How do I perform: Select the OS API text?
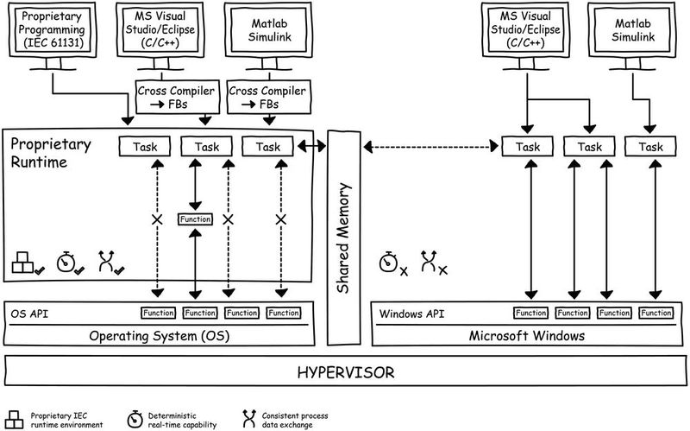pyautogui.click(x=28, y=312)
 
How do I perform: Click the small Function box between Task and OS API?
pyautogui.click(x=195, y=219)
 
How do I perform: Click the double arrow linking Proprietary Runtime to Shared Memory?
pyautogui.click(x=312, y=147)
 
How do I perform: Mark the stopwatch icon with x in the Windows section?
pyautogui.click(x=392, y=263)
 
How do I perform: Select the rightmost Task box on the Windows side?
pyautogui.click(x=651, y=147)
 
